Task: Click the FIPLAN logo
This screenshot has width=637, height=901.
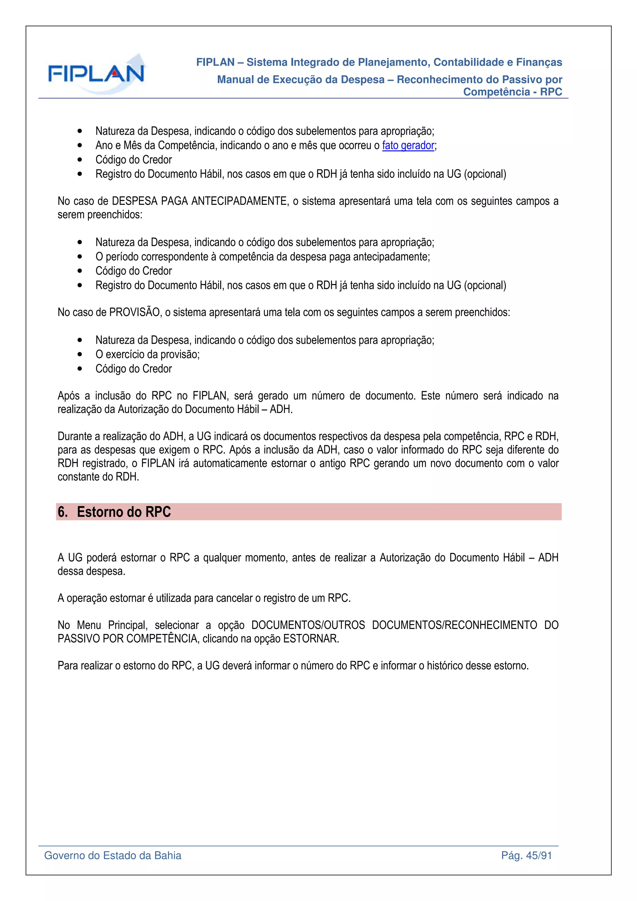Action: (x=96, y=74)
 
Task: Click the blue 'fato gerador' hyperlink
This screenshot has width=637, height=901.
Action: (x=408, y=146)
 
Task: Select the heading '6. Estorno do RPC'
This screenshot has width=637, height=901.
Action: (x=114, y=512)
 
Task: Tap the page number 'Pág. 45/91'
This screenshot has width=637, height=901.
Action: (x=526, y=856)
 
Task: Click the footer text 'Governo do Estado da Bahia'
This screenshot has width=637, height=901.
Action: (x=113, y=856)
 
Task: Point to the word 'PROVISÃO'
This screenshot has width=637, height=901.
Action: (x=135, y=312)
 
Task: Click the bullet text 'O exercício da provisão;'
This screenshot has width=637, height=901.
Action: (x=147, y=354)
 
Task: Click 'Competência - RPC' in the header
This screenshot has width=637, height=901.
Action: (x=512, y=92)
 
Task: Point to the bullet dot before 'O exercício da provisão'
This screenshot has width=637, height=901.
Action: (x=80, y=354)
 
